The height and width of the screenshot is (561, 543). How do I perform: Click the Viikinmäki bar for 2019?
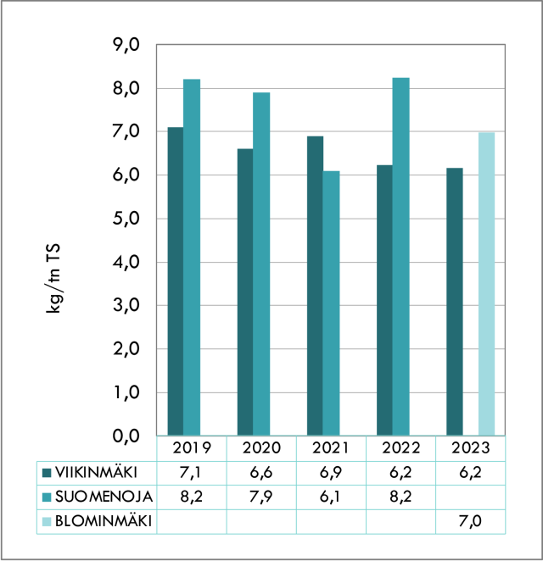176,280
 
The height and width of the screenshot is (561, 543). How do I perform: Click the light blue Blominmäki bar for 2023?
485,283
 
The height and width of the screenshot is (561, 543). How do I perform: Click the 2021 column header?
331,448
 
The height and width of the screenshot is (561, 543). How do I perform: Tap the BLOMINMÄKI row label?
102,521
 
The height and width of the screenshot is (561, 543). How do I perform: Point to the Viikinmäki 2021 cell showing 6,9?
331,472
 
